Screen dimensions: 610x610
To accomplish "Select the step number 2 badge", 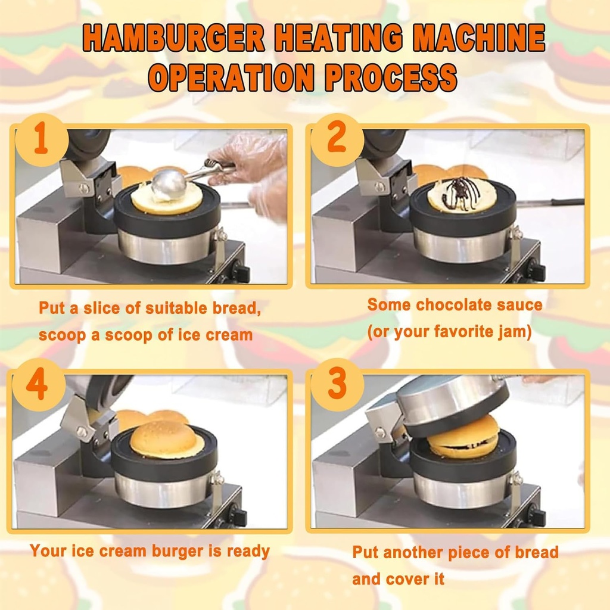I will pos(337,139).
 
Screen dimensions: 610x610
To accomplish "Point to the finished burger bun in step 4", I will pos(166,440).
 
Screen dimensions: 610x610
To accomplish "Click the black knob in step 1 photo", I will pos(241,273).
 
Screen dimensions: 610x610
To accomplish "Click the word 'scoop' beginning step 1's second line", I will pos(63,335).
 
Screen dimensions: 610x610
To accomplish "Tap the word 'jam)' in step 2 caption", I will pos(513,332).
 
